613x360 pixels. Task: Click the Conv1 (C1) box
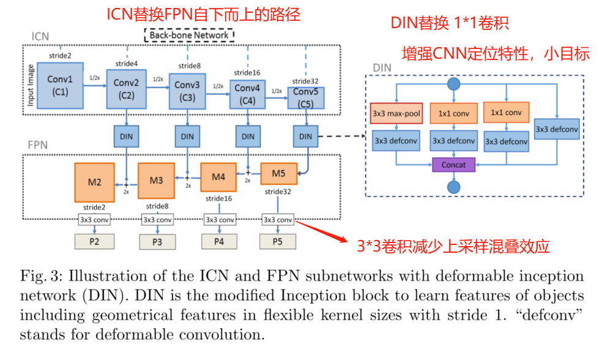click(x=60, y=87)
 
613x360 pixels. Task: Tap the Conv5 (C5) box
click(x=305, y=98)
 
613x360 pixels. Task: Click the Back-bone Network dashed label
click(x=189, y=35)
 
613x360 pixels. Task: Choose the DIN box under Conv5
click(x=305, y=136)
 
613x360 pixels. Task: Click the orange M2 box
click(x=94, y=182)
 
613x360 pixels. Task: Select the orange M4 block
click(x=218, y=178)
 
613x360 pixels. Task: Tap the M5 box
click(x=278, y=173)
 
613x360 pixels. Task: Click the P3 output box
click(x=157, y=242)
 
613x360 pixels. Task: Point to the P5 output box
click(x=278, y=241)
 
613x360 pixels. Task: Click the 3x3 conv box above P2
click(x=94, y=219)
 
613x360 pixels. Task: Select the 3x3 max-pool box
click(x=396, y=113)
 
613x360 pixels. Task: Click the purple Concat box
click(x=453, y=165)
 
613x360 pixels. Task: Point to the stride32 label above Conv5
click(x=305, y=81)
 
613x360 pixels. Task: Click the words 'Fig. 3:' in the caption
click(x=40, y=277)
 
